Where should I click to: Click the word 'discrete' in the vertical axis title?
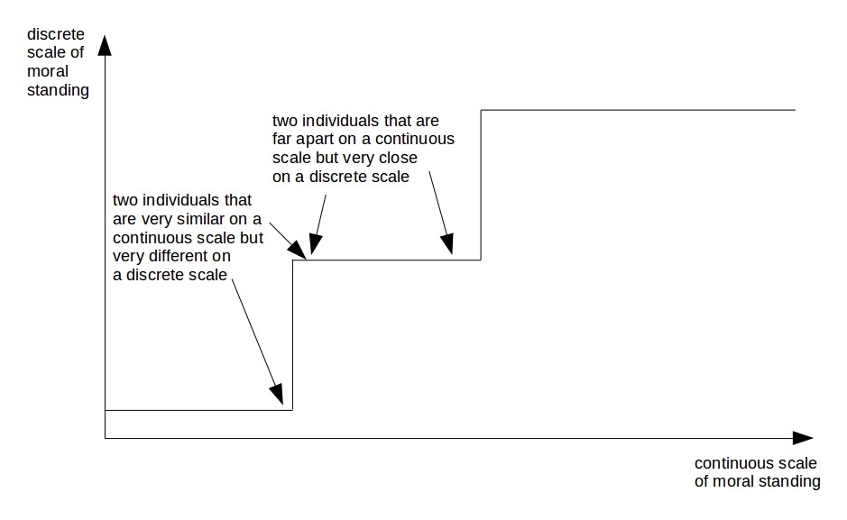coord(56,34)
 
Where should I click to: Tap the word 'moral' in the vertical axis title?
coord(48,71)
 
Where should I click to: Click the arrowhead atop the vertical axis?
coord(105,45)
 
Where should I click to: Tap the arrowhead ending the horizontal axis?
coord(803,438)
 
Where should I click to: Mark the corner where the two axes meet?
coord(105,438)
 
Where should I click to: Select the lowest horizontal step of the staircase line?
coord(198,410)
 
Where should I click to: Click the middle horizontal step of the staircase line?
coord(387,260)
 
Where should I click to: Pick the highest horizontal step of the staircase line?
coord(638,110)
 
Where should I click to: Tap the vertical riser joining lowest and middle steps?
coord(293,335)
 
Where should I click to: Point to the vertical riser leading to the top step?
coord(481,185)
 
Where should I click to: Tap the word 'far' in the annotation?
coord(281,139)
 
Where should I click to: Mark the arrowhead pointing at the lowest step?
coord(277,394)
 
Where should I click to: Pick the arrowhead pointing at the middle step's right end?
coord(447,244)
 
